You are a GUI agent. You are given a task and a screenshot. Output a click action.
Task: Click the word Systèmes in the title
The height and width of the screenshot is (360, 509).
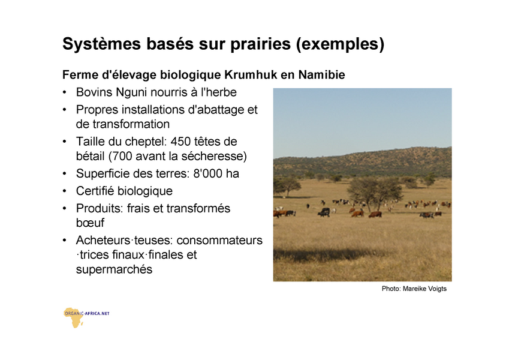(101, 44)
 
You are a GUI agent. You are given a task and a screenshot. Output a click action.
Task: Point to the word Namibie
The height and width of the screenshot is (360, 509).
(322, 75)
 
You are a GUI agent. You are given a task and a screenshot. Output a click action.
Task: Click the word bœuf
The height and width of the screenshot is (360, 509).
(91, 223)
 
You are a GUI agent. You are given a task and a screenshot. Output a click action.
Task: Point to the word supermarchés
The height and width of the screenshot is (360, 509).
(115, 269)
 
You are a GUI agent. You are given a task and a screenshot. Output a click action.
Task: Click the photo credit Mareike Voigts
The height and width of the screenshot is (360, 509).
(424, 289)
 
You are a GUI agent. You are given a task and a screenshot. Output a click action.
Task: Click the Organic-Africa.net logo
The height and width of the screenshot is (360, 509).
(86, 317)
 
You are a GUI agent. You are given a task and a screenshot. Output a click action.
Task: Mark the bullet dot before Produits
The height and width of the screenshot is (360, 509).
(65, 208)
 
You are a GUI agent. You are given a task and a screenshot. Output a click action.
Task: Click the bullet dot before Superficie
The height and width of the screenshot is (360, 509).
(65, 173)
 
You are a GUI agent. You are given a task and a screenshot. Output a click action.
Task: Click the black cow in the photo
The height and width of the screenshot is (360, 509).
(324, 212)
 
